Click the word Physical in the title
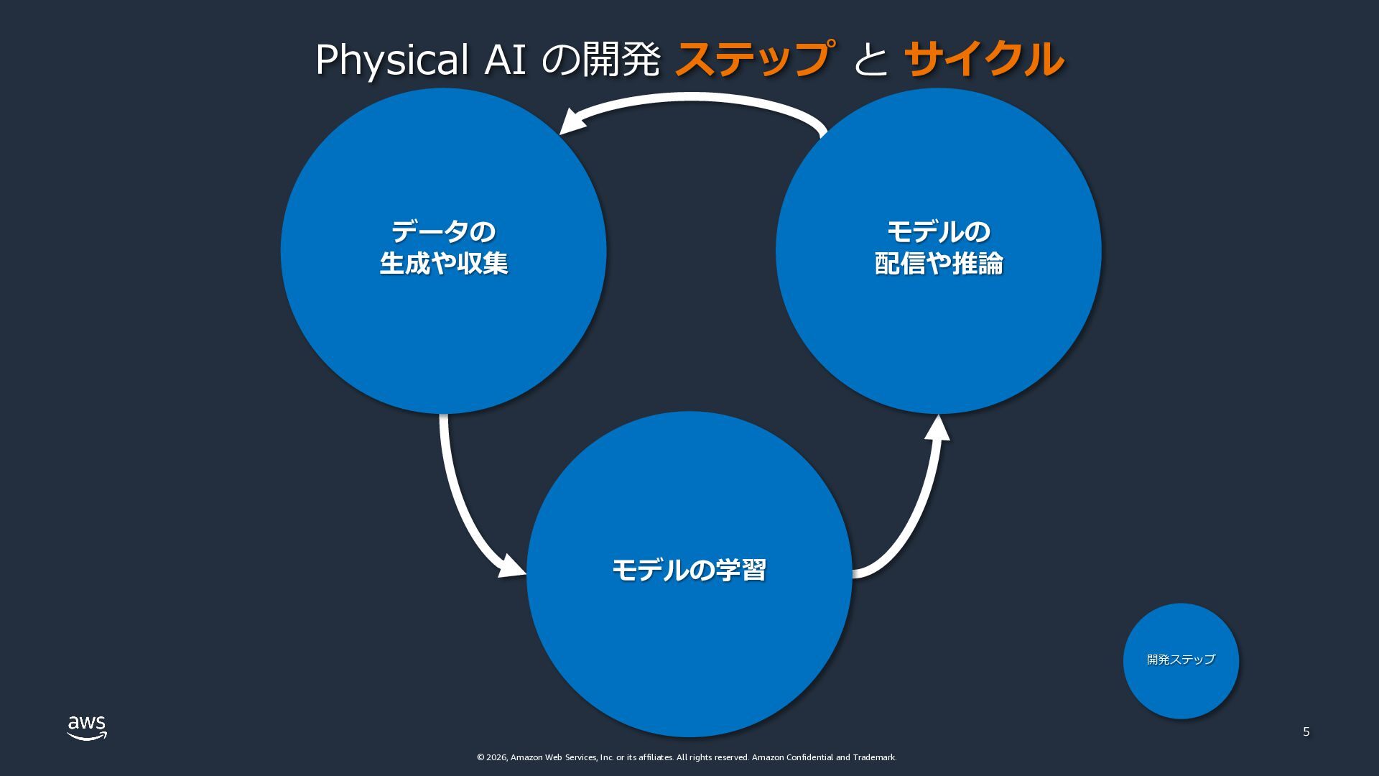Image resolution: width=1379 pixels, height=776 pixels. coord(392,60)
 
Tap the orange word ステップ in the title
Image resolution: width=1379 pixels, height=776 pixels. coord(755,59)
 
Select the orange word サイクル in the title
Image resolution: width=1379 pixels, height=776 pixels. coord(983,59)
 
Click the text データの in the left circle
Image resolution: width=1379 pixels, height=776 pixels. coord(443,232)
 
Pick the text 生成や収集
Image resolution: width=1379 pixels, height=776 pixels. coord(443,264)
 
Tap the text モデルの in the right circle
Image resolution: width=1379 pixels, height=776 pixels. coord(938,232)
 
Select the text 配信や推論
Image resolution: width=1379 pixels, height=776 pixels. coord(938,264)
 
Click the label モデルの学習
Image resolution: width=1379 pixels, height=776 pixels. coord(689,571)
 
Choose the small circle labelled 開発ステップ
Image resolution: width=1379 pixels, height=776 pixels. coord(1181,660)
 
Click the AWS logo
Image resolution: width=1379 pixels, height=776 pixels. coord(87,727)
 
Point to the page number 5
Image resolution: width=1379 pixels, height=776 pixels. coord(1306,732)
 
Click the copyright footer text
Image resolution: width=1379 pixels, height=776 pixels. coord(686,757)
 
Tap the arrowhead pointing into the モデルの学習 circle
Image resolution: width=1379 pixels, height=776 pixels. coord(512,567)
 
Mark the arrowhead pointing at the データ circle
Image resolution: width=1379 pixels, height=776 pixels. coord(573,121)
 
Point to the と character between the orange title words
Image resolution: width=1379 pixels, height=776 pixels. coord(870,60)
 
